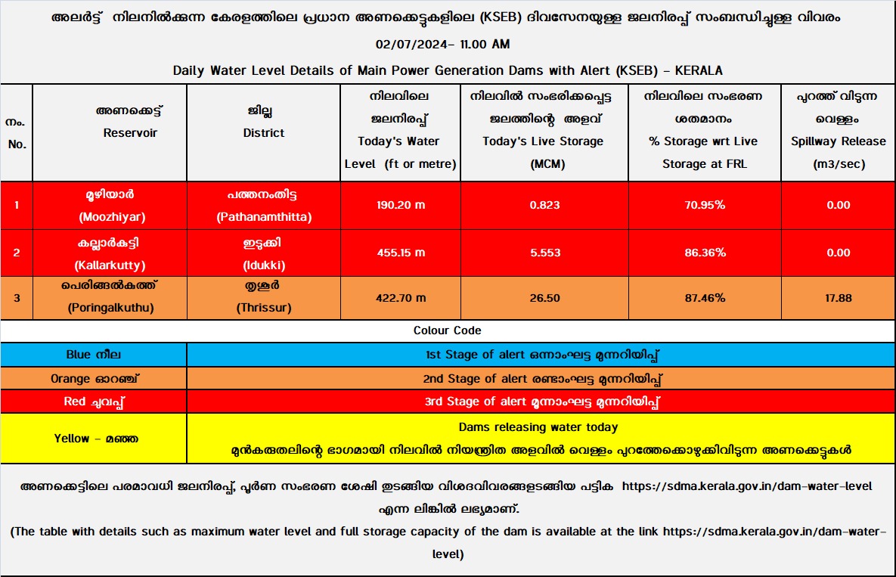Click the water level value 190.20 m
coord(401,205)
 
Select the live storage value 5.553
coord(544,253)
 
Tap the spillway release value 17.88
coord(839,298)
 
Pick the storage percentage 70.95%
coord(705,205)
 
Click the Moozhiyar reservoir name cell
coord(111,205)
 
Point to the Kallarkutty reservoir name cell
coord(111,253)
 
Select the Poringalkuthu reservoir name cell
coord(111,298)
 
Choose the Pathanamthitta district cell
coord(264,205)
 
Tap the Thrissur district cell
coord(264,298)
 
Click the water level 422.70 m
coord(401,298)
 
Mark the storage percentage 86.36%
coord(705,253)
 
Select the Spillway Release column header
coord(839,141)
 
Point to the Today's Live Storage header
coord(544,141)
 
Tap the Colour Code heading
coord(448,330)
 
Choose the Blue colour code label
coord(94,355)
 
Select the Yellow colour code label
coord(94,439)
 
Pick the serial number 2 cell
coord(17,253)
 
